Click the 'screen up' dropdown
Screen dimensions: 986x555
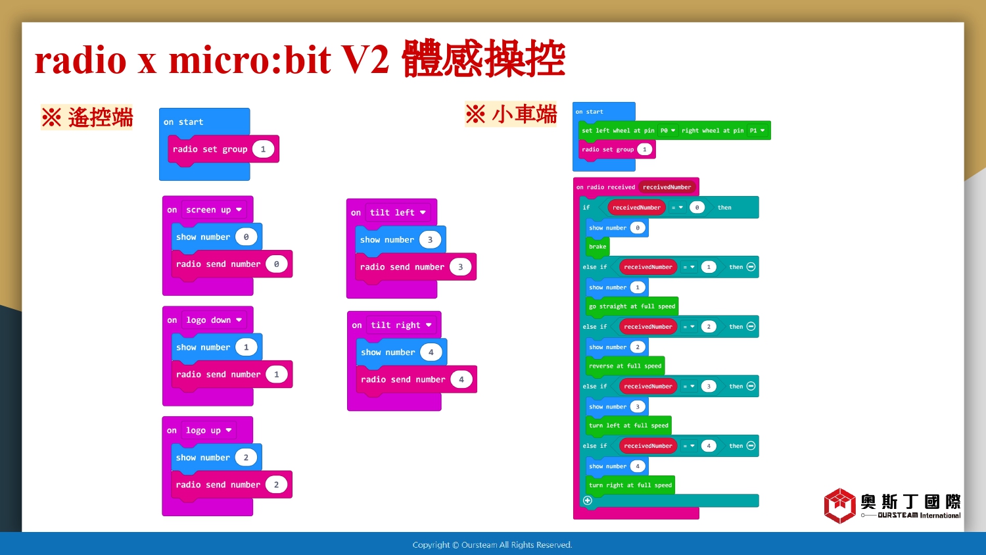pos(214,210)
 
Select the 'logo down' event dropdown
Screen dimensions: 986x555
pos(214,320)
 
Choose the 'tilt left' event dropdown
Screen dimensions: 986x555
pos(398,212)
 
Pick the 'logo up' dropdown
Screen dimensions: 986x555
pos(208,430)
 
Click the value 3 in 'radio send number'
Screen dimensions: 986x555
pos(460,267)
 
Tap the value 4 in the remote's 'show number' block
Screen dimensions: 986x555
pos(431,352)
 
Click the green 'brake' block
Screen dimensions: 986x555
pos(598,247)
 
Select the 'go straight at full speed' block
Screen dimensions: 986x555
pos(632,306)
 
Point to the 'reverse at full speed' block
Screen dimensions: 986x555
pos(625,366)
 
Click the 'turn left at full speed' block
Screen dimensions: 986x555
pos(628,425)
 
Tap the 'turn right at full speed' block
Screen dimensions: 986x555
pos(630,485)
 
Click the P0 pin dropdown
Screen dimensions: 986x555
pos(668,130)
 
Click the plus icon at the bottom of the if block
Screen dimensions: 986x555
pos(588,500)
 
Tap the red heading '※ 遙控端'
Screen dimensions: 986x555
pos(87,118)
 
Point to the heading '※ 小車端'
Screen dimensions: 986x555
pos(511,114)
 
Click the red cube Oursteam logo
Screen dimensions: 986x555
pos(839,506)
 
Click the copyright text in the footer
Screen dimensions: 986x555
pos(492,545)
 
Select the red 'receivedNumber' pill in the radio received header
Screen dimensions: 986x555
pos(667,187)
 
